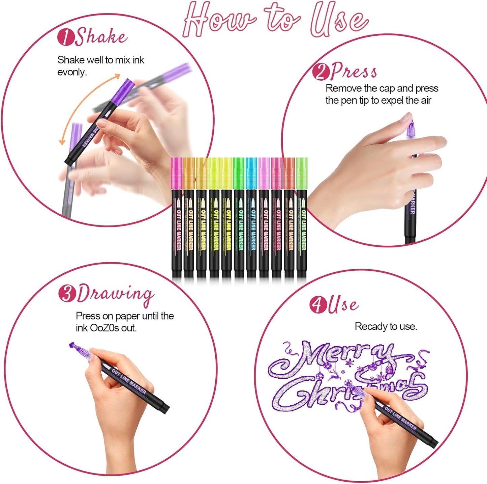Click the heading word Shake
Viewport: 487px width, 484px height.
tap(101, 36)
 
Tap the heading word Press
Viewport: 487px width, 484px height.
tap(354, 71)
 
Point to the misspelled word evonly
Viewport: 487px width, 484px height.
tap(72, 72)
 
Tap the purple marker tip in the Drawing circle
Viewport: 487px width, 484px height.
tap(74, 346)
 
